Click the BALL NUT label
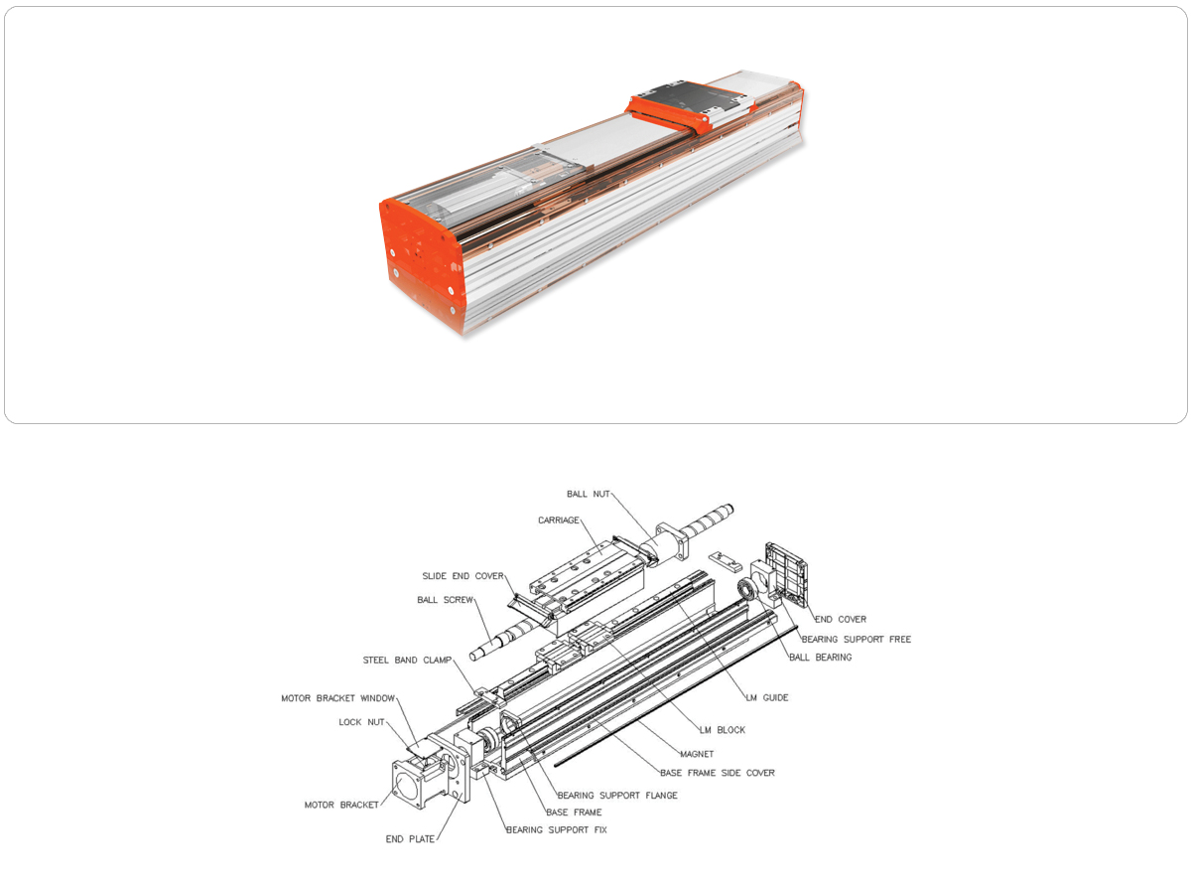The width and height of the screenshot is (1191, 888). pos(588,494)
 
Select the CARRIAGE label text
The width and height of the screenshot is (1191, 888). pos(559,520)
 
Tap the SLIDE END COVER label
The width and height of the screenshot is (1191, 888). pos(463,576)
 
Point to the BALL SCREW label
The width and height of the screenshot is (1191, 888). pos(446,600)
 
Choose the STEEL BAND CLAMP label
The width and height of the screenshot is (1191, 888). pos(407,661)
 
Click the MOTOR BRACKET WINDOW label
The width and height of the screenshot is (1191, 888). pos(337,698)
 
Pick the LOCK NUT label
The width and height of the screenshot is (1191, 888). pos(361,722)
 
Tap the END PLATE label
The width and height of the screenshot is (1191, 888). pos(410,839)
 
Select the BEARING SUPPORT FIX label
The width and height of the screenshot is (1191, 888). pos(557,830)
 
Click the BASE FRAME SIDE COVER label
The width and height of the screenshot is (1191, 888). pos(718,773)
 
